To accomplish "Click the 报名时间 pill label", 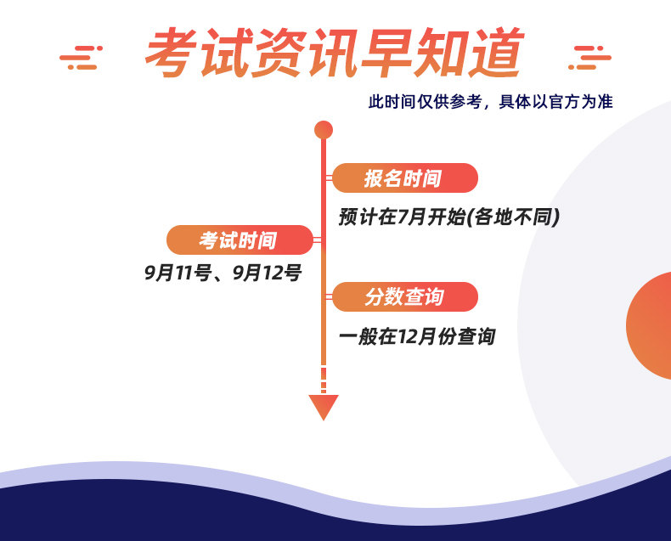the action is pyautogui.click(x=405, y=178).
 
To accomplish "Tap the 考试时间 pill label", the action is pyautogui.click(x=240, y=240).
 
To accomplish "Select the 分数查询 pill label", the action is pyautogui.click(x=405, y=296).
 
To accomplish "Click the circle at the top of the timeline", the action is pyautogui.click(x=324, y=130).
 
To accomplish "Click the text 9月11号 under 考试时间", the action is pyautogui.click(x=178, y=273).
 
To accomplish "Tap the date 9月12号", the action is pyautogui.click(x=267, y=273).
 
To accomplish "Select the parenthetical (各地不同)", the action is pyautogui.click(x=513, y=217).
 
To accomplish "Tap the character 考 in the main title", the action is pyautogui.click(x=172, y=52).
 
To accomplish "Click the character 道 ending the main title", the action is pyautogui.click(x=497, y=52).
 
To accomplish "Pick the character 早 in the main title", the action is pyautogui.click(x=387, y=52).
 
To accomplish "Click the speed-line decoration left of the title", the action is pyautogui.click(x=81, y=58).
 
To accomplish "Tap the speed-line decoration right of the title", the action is pyautogui.click(x=589, y=58).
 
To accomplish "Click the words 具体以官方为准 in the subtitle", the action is pyautogui.click(x=555, y=102).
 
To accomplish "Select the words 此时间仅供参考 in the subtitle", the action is pyautogui.click(x=426, y=102).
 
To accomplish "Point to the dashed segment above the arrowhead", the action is pyautogui.click(x=324, y=380).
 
